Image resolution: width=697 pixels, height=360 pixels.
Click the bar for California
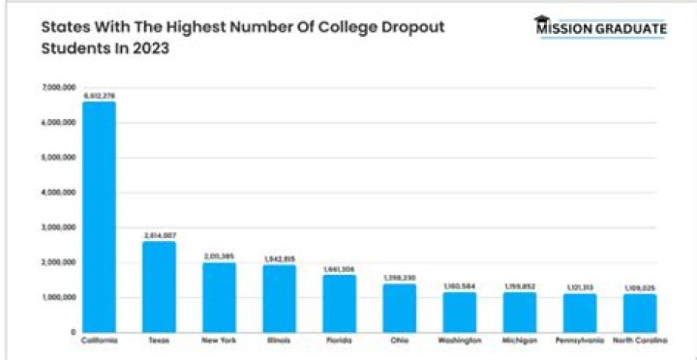(99, 218)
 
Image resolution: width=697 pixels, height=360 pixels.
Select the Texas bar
(159, 287)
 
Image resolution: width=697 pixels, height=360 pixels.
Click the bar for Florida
(339, 304)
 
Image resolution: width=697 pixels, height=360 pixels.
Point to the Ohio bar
(399, 309)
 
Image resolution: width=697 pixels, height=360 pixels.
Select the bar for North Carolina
(640, 314)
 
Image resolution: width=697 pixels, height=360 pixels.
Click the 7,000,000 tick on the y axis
(59, 88)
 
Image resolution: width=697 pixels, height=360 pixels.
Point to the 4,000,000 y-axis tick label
(59, 193)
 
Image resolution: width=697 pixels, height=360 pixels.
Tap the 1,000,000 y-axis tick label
(59, 297)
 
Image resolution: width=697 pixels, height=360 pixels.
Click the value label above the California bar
(99, 96)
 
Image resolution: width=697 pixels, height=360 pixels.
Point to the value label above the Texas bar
(159, 235)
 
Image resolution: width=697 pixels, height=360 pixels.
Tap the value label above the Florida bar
(339, 269)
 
